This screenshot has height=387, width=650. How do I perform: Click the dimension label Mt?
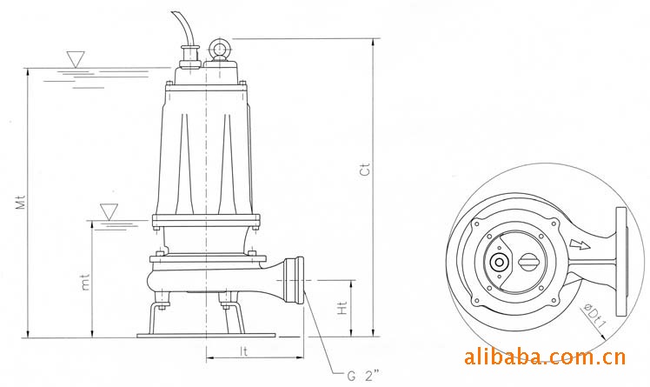(x=21, y=202)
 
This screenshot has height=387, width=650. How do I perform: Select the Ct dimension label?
(x=365, y=170)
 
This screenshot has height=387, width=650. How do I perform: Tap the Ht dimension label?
(x=342, y=308)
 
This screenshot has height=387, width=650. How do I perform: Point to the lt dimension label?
(x=244, y=351)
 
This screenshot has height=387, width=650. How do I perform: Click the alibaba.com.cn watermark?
(x=545, y=357)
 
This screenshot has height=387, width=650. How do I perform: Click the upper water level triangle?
(x=76, y=59)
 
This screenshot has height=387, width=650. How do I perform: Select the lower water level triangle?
(x=109, y=211)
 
